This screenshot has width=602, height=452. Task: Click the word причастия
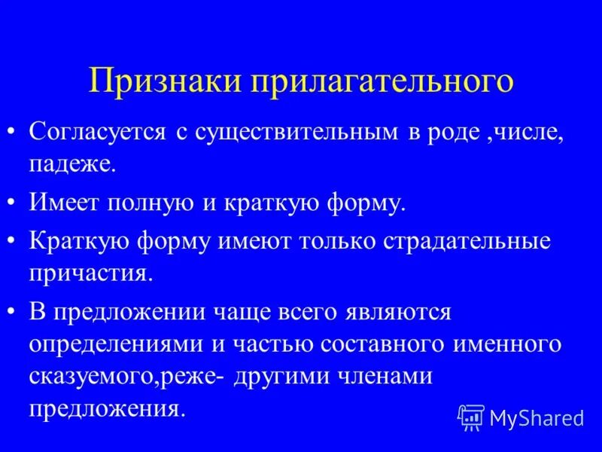tap(91, 273)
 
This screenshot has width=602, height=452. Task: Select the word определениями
tap(117, 344)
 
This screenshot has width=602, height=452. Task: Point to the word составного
tap(384, 344)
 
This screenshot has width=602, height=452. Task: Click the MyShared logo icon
tap(471, 417)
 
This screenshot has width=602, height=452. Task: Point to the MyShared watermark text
tap(536, 417)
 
